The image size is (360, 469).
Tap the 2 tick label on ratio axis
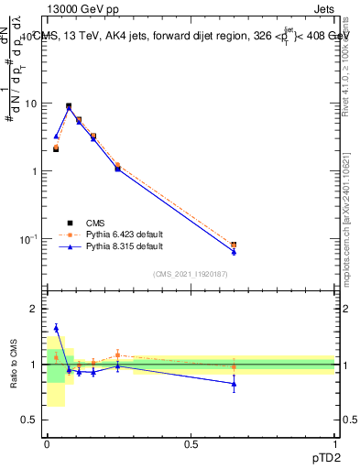[35, 309]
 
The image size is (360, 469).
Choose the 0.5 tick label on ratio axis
[30, 420]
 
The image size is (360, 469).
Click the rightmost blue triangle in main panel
[234, 251]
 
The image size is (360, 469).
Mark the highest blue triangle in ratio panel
[56, 328]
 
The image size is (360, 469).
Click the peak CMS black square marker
[69, 106]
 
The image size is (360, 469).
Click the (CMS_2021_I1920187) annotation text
[191, 274]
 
